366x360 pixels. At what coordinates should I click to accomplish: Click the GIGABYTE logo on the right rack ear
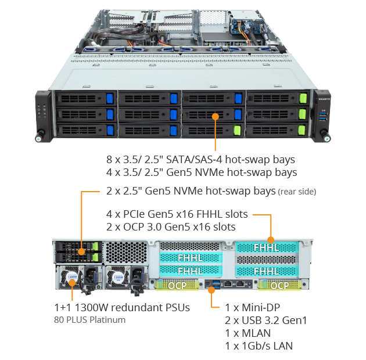[x=324, y=99]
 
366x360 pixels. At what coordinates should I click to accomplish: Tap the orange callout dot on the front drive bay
[x=215, y=117]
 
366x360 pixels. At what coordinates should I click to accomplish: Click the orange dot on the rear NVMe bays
[x=81, y=251]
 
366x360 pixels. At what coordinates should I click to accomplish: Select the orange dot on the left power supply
[x=72, y=283]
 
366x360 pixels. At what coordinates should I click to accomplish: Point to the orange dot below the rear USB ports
[x=211, y=290]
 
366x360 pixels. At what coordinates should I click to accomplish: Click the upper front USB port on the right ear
[x=323, y=114]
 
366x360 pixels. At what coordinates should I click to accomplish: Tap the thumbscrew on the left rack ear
[x=40, y=136]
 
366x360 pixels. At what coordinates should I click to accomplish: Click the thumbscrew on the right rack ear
[x=325, y=136]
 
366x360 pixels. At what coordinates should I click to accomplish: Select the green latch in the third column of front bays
[x=237, y=131]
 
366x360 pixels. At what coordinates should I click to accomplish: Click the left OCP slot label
[x=177, y=285]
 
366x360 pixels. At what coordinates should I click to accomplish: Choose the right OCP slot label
[x=279, y=285]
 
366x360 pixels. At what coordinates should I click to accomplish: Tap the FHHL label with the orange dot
[x=266, y=247]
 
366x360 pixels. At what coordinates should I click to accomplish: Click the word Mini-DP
[x=261, y=308]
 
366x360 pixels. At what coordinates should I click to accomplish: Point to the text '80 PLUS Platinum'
[x=89, y=319]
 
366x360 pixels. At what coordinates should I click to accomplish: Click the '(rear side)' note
[x=297, y=192]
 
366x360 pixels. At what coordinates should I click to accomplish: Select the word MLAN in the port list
[x=256, y=333]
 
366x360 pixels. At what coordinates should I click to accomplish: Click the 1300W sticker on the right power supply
[x=118, y=278]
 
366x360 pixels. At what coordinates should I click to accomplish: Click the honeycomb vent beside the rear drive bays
[x=126, y=253]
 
